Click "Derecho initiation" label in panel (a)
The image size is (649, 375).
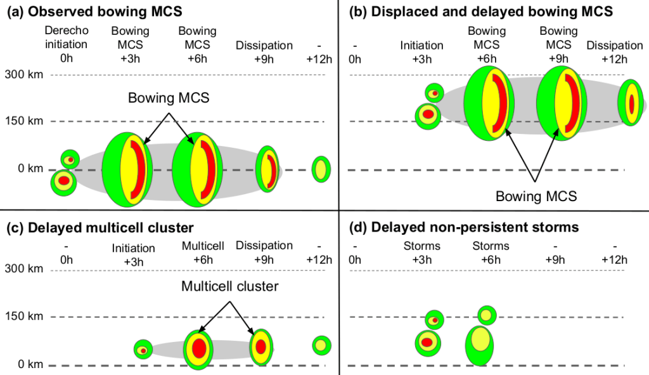pos(67,37)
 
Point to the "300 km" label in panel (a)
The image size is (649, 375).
pos(24,75)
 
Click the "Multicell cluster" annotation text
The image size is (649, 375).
pos(229,287)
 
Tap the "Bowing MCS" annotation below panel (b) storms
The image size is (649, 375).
pos(536,196)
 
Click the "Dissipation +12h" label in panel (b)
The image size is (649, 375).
pos(615,52)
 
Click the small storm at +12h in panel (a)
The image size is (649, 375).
pos(321,169)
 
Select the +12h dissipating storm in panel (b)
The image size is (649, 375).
pos(631,102)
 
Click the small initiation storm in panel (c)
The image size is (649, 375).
pos(143,350)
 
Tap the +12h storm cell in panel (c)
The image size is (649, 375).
pos(321,345)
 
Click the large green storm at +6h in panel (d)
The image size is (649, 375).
pos(480,345)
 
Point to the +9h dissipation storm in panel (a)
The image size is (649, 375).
pos(268,169)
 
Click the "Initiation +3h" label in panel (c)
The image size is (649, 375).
pos(133,254)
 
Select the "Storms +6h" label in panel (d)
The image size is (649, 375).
pos(491,253)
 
